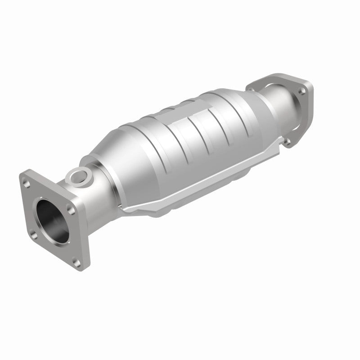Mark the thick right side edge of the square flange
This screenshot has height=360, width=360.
tap(85, 229)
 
